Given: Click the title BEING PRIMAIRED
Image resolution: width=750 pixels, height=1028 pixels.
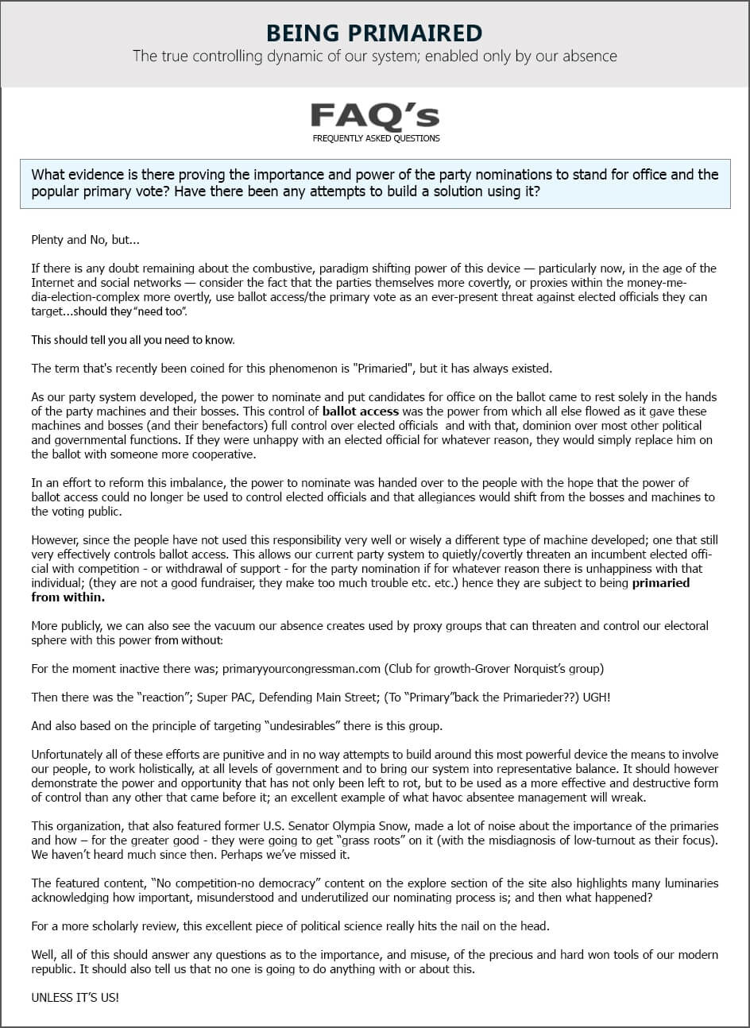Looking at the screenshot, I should [x=374, y=33].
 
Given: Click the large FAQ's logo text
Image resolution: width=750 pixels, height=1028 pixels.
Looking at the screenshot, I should [x=374, y=116].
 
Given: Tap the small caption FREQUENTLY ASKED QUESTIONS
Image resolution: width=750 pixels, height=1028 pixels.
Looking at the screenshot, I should [x=376, y=138].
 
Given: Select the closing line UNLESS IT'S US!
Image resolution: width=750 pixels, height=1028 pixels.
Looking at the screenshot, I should [x=75, y=997].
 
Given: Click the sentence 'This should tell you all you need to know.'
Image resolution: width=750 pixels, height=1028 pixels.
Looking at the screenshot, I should [x=133, y=340].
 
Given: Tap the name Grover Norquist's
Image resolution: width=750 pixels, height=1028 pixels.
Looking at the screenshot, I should [x=512, y=669].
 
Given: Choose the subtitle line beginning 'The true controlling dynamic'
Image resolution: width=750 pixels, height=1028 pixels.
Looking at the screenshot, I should [x=374, y=56].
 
